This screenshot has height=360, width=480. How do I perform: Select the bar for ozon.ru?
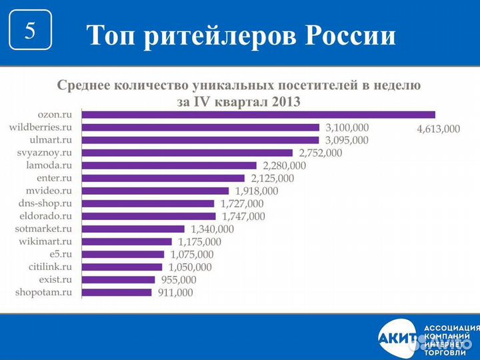pyautogui.click(x=258, y=115)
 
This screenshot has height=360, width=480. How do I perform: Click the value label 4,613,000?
pyautogui.click(x=438, y=129)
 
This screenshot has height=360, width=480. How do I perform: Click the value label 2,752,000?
pyautogui.click(x=319, y=153)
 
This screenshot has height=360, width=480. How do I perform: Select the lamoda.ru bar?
pyautogui.click(x=169, y=165)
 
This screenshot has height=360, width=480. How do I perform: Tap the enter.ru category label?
pyautogui.click(x=55, y=178)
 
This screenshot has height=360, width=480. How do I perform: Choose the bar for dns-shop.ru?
pyautogui.click(x=147, y=203)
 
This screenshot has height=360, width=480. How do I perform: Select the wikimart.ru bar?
pyautogui.click(x=127, y=241)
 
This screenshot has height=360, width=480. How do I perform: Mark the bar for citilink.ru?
pyautogui.click(x=121, y=267)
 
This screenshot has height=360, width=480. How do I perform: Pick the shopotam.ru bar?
pyautogui.click(x=117, y=292)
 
